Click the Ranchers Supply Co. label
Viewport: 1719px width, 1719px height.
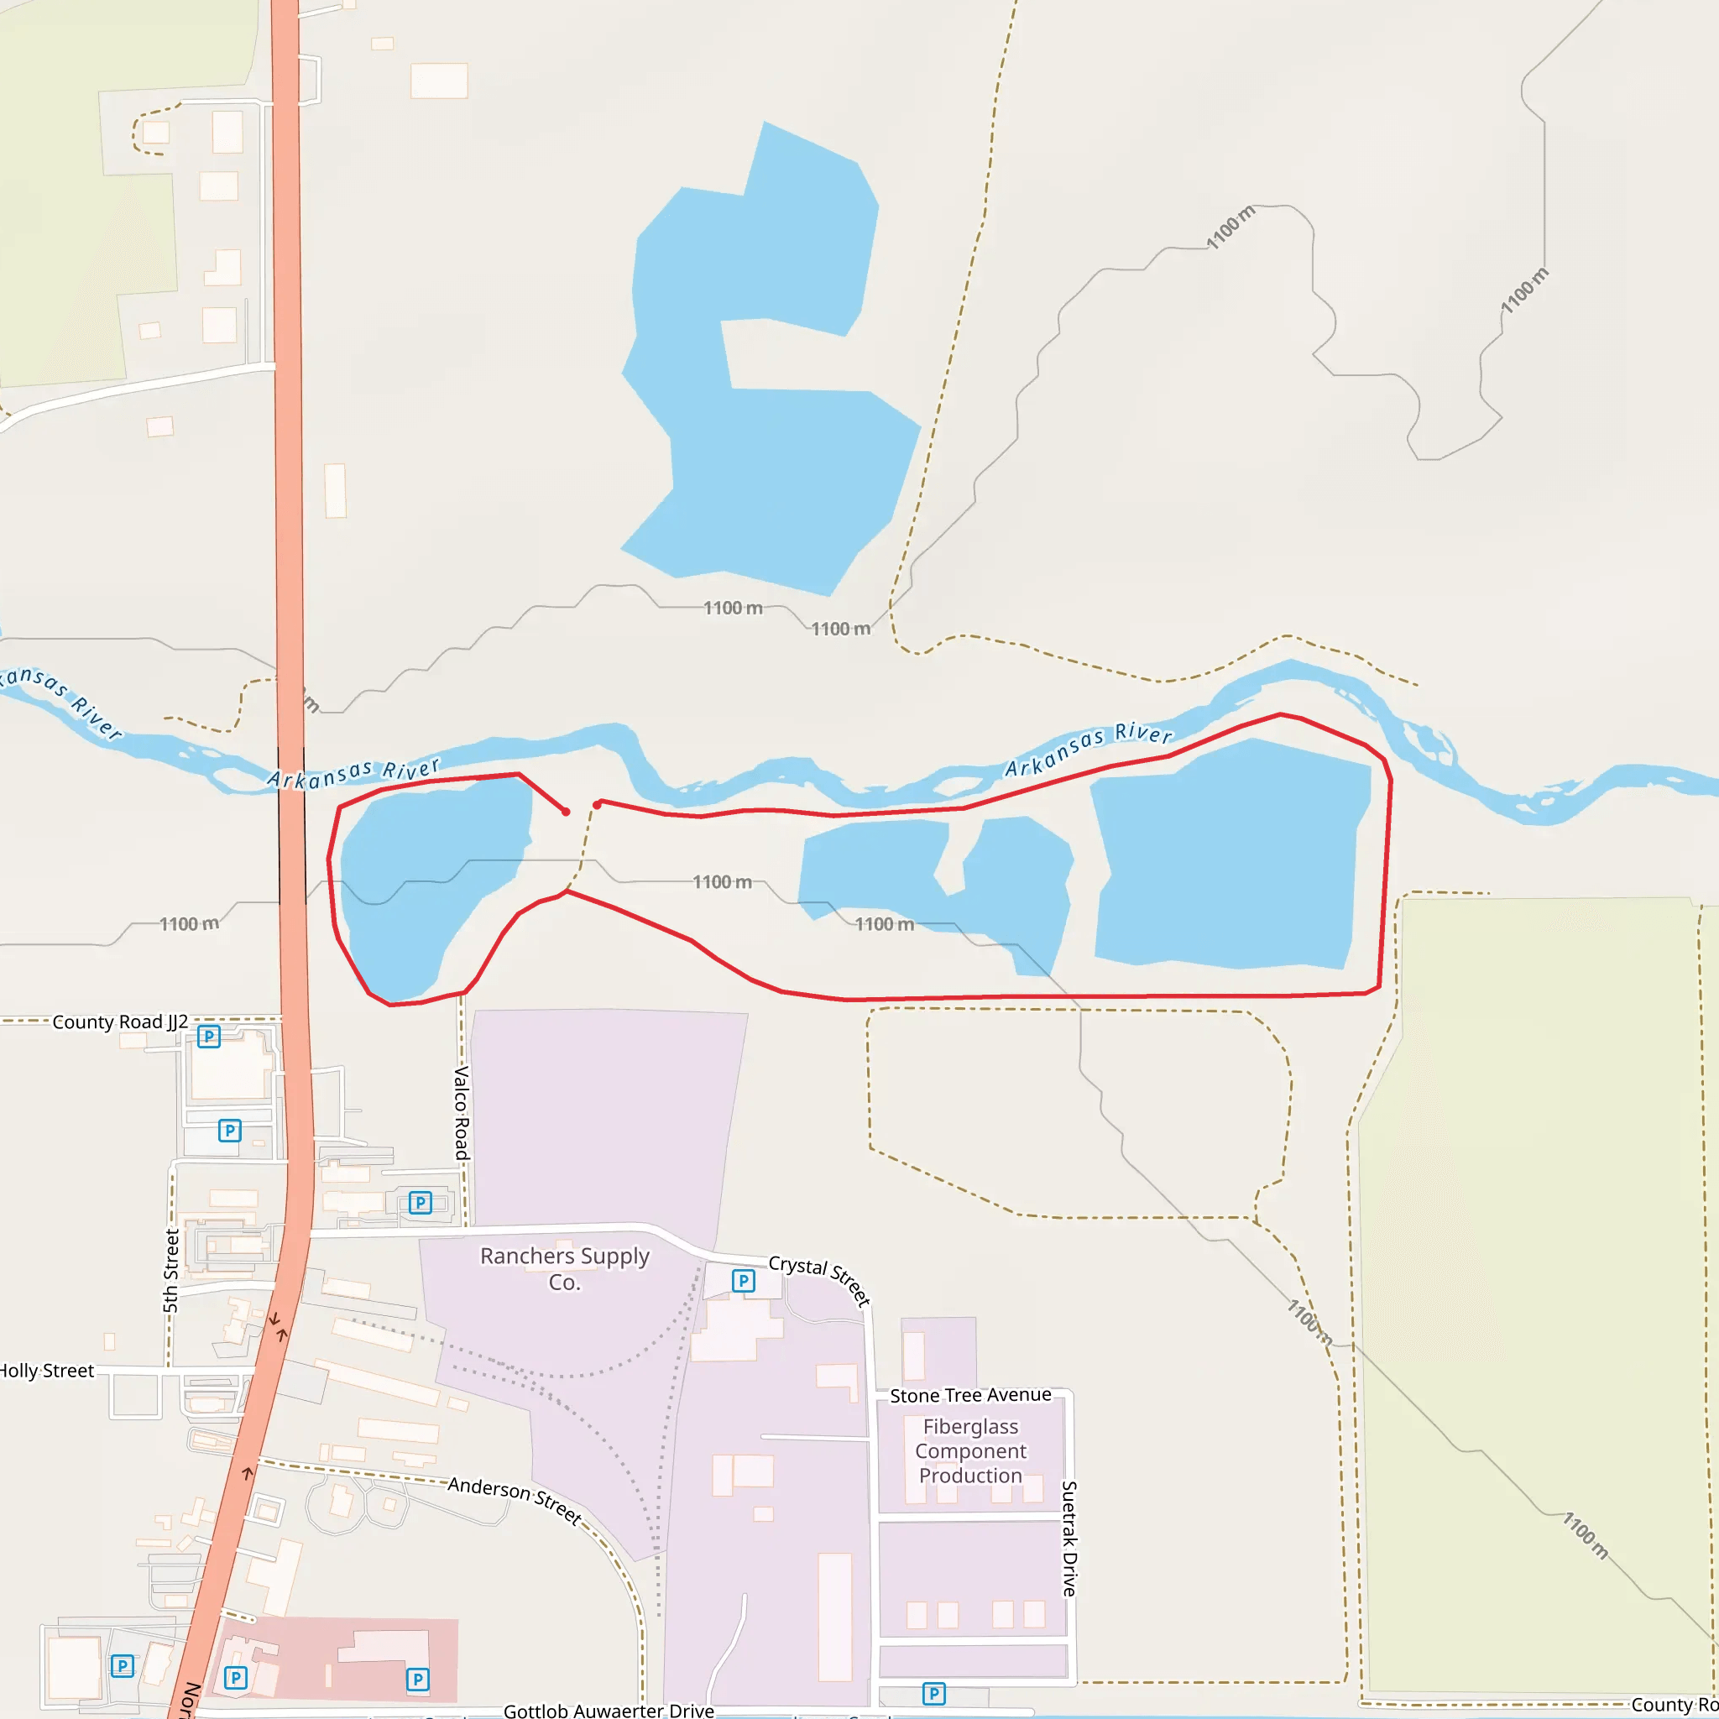point(564,1268)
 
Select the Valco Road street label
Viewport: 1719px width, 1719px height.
point(461,1112)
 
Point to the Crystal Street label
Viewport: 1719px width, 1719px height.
point(818,1278)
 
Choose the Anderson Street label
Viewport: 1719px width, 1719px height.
point(515,1499)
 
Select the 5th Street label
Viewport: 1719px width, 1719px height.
point(171,1271)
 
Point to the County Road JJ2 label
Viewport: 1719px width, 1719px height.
point(120,1021)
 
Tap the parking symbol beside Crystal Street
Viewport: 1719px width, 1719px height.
point(743,1280)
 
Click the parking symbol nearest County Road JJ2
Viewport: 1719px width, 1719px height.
point(208,1036)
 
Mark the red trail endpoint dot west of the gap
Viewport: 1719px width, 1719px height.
point(566,812)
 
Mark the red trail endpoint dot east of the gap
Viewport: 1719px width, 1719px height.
point(596,804)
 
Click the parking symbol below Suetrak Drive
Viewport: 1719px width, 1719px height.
point(933,1693)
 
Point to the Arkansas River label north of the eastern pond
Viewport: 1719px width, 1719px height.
point(1088,750)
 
